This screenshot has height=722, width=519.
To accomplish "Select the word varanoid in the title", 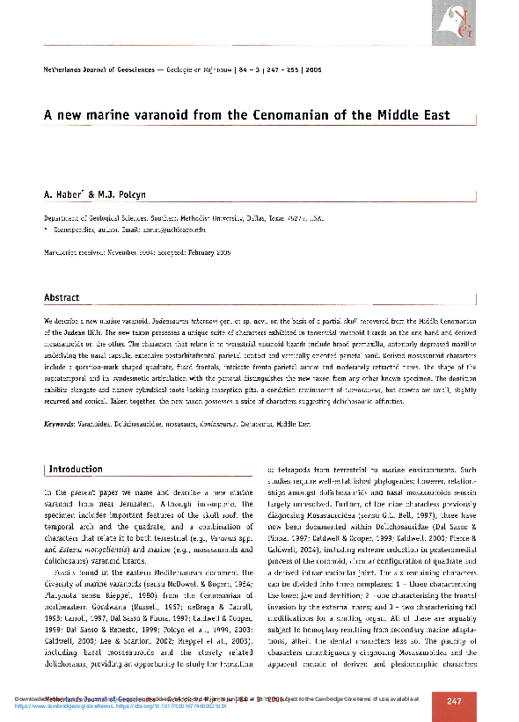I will (166, 115).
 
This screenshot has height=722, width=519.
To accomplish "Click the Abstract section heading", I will (62, 298).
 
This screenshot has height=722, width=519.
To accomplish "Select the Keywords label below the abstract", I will (60, 425).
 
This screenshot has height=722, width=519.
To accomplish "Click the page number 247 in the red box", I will (454, 701).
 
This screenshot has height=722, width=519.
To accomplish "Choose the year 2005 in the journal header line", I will (312, 68).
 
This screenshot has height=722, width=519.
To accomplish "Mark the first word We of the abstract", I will (48, 325).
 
